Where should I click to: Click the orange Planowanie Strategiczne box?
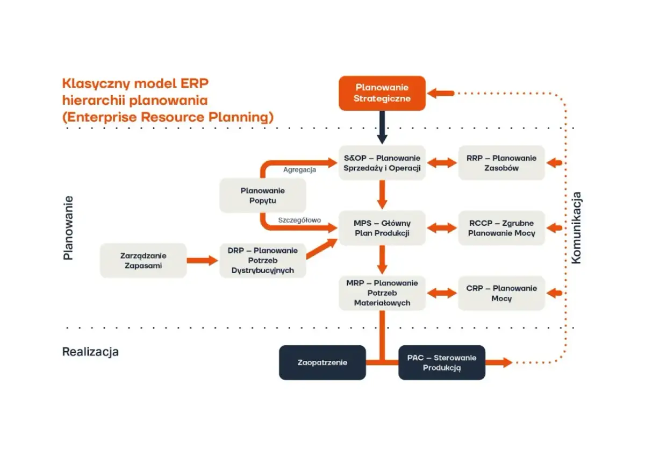[x=382, y=93]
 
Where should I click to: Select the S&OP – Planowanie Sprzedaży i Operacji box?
[x=382, y=162]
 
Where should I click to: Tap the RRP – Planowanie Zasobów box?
[x=501, y=162]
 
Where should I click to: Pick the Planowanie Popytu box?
[x=262, y=195]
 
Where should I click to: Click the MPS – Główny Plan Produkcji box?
[x=382, y=228]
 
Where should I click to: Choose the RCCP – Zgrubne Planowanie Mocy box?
[x=501, y=228]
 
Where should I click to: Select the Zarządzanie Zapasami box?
[x=143, y=261]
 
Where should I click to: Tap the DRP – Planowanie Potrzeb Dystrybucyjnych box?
[x=262, y=261]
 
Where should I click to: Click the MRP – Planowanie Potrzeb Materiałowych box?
[x=382, y=293]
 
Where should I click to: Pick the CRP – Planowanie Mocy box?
[x=501, y=293]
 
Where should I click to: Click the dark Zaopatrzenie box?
[x=322, y=362]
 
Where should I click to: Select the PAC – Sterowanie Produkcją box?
[x=441, y=362]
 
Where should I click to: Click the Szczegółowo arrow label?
[x=299, y=220]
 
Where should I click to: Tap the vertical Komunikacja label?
[x=576, y=228]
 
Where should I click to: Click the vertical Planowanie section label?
[x=68, y=228]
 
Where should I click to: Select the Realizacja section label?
[x=90, y=352]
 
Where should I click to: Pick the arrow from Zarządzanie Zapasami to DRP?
[x=203, y=261]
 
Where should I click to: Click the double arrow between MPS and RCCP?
[x=441, y=228]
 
